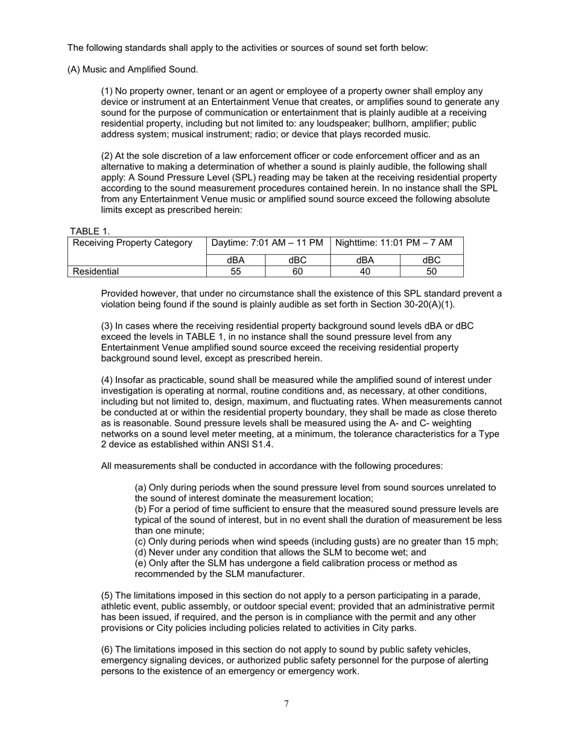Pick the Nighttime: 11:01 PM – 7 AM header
tap(393, 243)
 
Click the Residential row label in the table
tap(95, 271)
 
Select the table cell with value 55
tap(236, 271)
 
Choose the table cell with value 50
tap(431, 271)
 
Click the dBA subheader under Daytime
tap(236, 260)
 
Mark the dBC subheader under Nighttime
tap(431, 260)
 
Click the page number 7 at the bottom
tap(286, 703)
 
